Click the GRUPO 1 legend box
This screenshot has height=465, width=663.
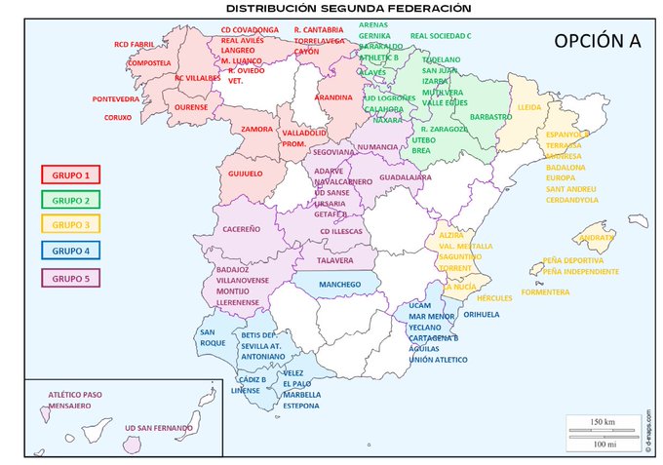tap(70, 174)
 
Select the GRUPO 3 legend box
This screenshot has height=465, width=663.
tap(70, 225)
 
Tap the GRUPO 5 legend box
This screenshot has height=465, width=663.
tap(70, 277)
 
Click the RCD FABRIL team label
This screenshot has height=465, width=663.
tap(135, 44)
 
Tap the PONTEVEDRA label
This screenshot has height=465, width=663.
tap(115, 99)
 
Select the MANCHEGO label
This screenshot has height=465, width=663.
tap(340, 284)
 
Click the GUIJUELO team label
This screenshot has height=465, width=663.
tap(245, 174)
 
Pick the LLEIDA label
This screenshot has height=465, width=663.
tap(529, 106)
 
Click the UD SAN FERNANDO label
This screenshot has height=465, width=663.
tap(158, 427)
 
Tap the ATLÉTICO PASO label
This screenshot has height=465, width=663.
tap(74, 395)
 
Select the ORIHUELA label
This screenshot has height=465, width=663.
tap(482, 314)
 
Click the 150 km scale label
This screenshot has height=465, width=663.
tap(603, 421)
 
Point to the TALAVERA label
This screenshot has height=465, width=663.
tap(334, 260)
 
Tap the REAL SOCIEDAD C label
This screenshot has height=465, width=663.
tap(441, 35)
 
